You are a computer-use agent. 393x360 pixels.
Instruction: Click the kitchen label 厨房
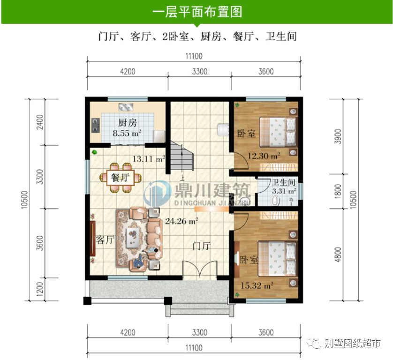128,123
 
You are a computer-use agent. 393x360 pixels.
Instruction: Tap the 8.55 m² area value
127,133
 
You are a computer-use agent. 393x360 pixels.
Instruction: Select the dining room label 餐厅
120,178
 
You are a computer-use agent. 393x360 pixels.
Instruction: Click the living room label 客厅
105,240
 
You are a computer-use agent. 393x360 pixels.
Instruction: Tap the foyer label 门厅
203,245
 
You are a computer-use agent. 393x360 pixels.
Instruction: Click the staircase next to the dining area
181,158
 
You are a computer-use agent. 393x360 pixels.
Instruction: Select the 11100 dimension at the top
193,56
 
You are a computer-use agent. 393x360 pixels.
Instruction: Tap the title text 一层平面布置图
197,12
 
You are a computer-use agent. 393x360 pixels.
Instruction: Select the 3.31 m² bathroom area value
284,191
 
